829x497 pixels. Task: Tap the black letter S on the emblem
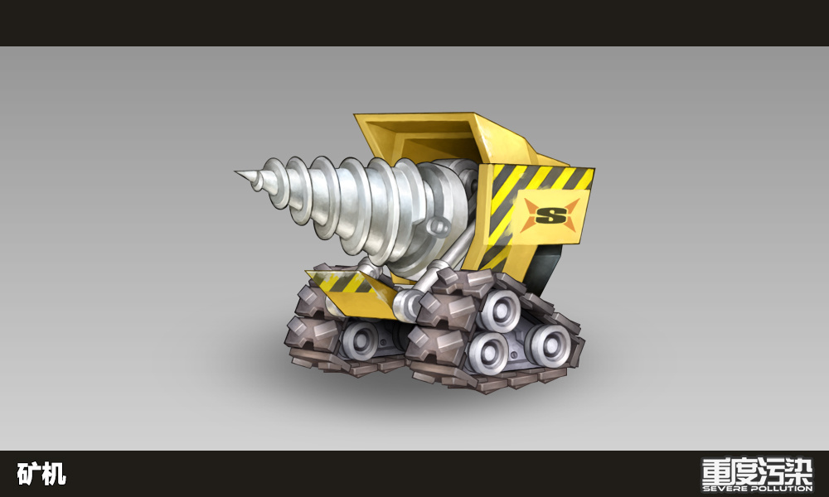[x=550, y=215]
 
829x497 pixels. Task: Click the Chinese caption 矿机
[x=41, y=474]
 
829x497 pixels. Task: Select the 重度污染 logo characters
[x=757, y=470]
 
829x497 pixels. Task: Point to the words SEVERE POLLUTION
[x=757, y=489]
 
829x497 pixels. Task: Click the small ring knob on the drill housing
[x=439, y=226]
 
